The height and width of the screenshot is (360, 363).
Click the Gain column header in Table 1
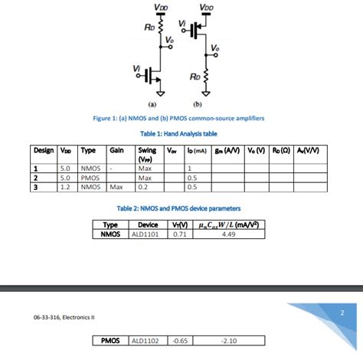(x=117, y=150)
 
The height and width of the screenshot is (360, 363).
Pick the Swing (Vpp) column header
(x=147, y=154)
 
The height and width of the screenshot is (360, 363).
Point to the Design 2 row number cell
(x=35, y=177)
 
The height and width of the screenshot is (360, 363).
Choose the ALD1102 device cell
(x=145, y=340)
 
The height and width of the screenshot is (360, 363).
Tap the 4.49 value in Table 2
(x=227, y=234)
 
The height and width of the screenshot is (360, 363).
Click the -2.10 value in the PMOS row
(x=227, y=340)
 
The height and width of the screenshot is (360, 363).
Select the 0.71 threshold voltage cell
(x=180, y=234)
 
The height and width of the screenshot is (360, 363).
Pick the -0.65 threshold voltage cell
(x=180, y=340)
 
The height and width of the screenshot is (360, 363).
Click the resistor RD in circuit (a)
(x=160, y=28)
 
